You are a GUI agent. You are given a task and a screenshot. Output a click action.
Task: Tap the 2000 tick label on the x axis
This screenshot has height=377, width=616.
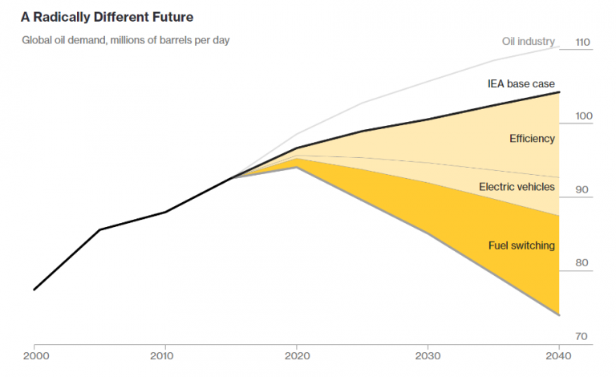coord(34,355)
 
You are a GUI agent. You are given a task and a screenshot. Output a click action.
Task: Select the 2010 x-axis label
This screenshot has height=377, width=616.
coord(164,355)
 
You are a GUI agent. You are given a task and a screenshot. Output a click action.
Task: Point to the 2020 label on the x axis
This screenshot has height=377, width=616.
coord(297,355)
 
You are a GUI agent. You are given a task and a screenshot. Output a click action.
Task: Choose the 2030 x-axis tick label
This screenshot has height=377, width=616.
coord(428,355)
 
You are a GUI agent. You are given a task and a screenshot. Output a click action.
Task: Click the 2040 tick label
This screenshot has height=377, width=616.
coord(558,355)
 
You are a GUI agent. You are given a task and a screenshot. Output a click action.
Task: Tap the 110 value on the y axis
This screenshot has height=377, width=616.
coord(583,43)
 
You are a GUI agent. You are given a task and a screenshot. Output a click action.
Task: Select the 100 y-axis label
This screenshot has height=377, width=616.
coord(583,116)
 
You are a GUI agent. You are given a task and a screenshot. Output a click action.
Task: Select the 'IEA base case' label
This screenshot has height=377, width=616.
coord(521,83)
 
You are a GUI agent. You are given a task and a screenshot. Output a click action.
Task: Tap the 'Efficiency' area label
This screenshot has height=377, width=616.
coord(532,139)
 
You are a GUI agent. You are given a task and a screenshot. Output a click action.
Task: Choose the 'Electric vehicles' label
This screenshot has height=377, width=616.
coord(517,187)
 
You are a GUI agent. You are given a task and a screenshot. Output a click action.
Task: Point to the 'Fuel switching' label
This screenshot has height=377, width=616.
coord(521,245)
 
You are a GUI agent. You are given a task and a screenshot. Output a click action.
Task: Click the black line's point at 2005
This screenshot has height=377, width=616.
coord(99,230)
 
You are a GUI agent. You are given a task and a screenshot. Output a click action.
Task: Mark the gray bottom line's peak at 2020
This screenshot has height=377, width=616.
coord(297,167)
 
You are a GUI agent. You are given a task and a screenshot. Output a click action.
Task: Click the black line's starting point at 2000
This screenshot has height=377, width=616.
coord(34,290)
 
